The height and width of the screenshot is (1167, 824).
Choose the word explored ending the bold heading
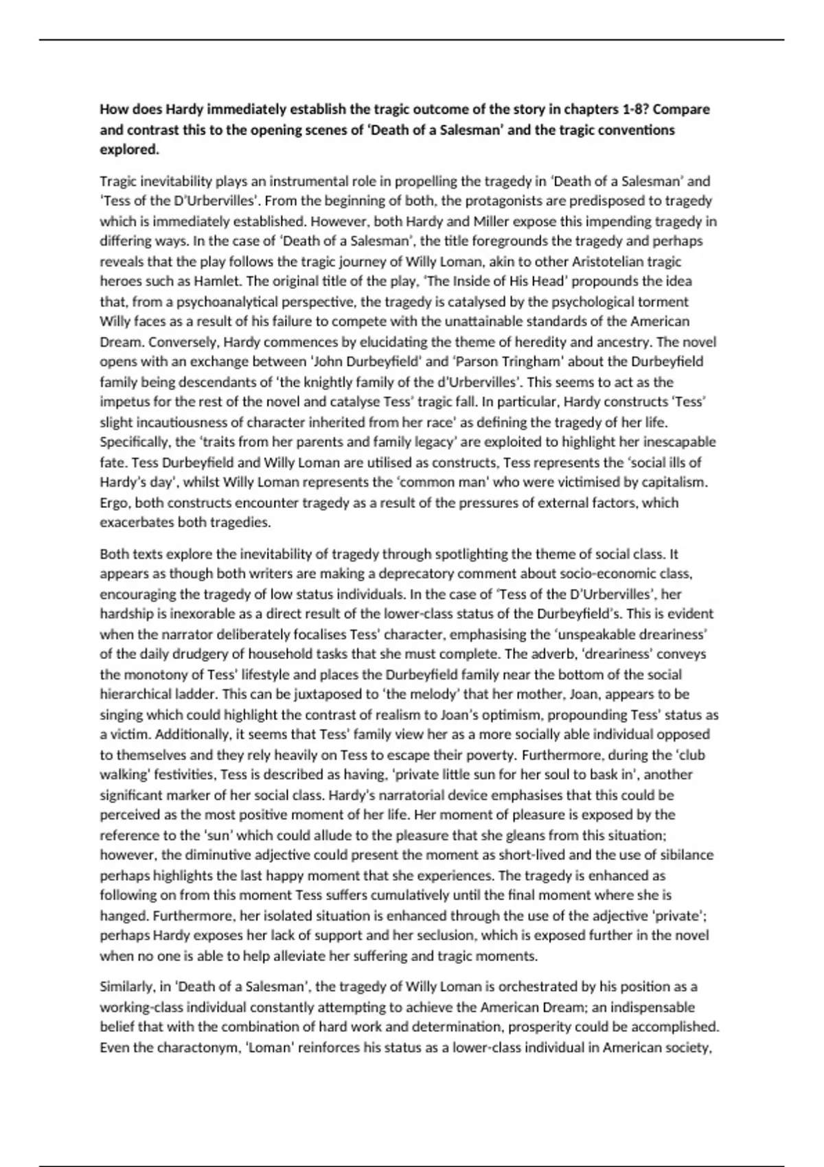coord(129,150)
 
